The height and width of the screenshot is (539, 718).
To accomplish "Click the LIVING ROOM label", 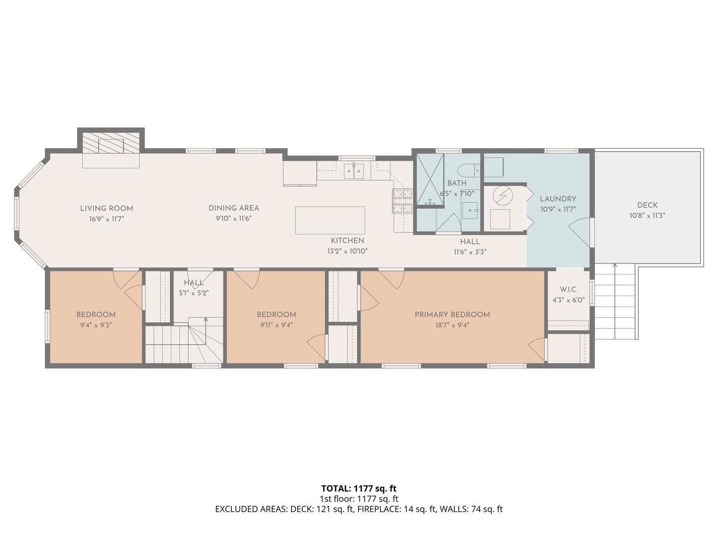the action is click(x=107, y=208).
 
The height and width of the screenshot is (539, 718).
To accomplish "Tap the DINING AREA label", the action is click(x=233, y=208).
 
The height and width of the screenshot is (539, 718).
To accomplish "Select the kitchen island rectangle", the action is click(x=330, y=220).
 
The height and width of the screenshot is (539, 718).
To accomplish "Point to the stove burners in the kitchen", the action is click(x=403, y=201).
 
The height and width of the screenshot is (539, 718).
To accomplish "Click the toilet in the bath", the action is click(x=468, y=171).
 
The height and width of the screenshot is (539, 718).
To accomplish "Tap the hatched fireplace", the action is click(x=111, y=143).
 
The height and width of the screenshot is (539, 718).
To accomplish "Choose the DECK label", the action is click(x=647, y=205).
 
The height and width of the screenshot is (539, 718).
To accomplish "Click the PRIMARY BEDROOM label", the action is click(x=452, y=314).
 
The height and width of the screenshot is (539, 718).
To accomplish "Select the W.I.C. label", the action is click(x=568, y=289).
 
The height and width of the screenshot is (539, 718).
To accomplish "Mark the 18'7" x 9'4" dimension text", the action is click(x=452, y=325).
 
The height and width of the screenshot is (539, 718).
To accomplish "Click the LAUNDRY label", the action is click(x=558, y=199).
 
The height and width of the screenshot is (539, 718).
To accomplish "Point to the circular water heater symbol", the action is click(x=503, y=196).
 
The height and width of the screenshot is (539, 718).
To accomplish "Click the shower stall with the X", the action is click(x=430, y=179).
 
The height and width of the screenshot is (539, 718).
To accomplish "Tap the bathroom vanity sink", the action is click(x=471, y=210).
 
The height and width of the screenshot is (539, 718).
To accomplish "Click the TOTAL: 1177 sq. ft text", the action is click(x=359, y=488).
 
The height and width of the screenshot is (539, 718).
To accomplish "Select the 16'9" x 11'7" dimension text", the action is click(x=107, y=219).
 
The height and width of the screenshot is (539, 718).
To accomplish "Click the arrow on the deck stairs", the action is click(x=615, y=301).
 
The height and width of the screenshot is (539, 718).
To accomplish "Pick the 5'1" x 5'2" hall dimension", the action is click(x=193, y=293).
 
